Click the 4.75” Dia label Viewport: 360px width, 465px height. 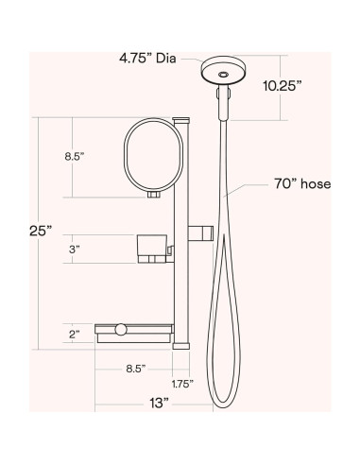click(147, 59)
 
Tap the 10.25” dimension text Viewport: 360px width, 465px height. click(283, 86)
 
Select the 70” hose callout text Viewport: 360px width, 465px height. click(302, 184)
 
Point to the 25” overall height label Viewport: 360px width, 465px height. click(41, 231)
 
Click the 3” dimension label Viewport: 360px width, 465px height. click(75, 250)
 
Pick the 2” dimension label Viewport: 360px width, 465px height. click(75, 335)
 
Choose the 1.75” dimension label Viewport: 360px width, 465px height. click(182, 384)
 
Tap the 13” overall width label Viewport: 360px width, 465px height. click(159, 403)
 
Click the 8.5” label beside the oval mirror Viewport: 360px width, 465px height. click(75, 156)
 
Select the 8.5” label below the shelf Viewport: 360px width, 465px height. click(136, 369)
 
